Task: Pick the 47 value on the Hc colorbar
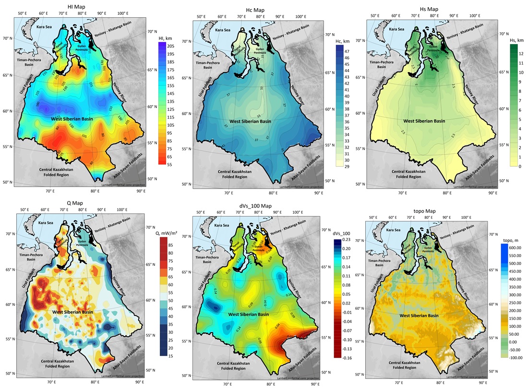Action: click(x=347, y=51)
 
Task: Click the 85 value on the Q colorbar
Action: click(x=170, y=245)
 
